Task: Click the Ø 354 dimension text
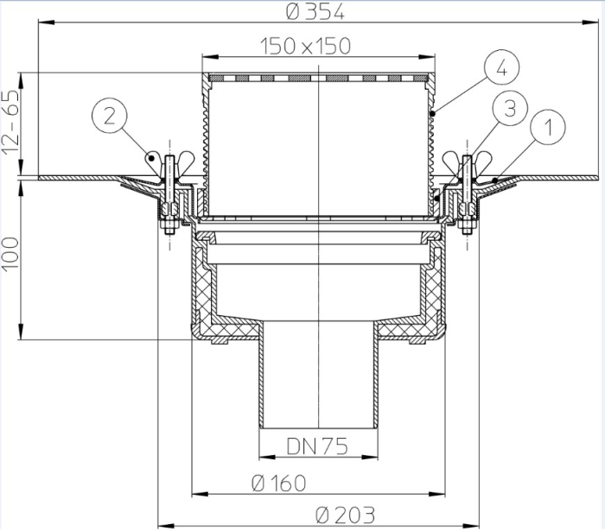coord(315,13)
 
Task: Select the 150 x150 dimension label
coord(306,46)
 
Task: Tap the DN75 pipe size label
coord(317,446)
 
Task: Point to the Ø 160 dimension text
coord(278,484)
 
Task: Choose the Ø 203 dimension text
coord(345,515)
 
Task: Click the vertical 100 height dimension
coord(10,255)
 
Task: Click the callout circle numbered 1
coord(548,127)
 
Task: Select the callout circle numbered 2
coord(110,116)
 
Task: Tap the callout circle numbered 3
coord(510,109)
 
